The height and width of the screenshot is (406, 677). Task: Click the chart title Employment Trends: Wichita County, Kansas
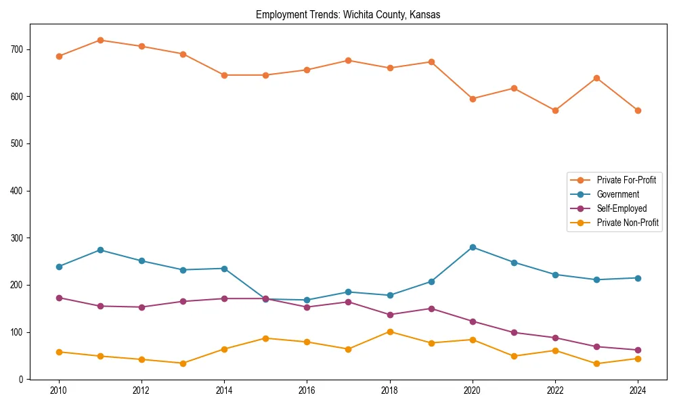point(348,14)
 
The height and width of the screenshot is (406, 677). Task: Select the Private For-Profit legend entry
point(626,180)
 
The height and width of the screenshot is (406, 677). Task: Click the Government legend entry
point(617,194)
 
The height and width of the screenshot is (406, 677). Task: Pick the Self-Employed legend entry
point(621,208)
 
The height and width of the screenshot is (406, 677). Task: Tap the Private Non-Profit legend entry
point(628,223)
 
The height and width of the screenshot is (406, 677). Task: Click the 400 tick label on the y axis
point(17,191)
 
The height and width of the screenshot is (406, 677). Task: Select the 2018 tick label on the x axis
point(389,390)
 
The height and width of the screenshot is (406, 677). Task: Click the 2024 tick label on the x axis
point(638,390)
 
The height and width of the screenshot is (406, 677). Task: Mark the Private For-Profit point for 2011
point(100,40)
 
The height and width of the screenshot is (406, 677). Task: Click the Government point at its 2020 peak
point(473,247)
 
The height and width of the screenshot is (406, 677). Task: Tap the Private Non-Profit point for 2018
point(390,332)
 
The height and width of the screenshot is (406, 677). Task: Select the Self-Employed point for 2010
point(59,298)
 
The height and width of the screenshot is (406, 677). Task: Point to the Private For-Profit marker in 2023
point(596,78)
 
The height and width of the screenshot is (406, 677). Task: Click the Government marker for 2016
point(307,300)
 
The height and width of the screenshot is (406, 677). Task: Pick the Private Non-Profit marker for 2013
point(183,363)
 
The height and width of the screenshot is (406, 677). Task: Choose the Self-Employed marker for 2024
point(638,350)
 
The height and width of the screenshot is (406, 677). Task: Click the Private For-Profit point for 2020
point(473,99)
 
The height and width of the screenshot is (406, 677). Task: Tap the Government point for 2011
point(100,250)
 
